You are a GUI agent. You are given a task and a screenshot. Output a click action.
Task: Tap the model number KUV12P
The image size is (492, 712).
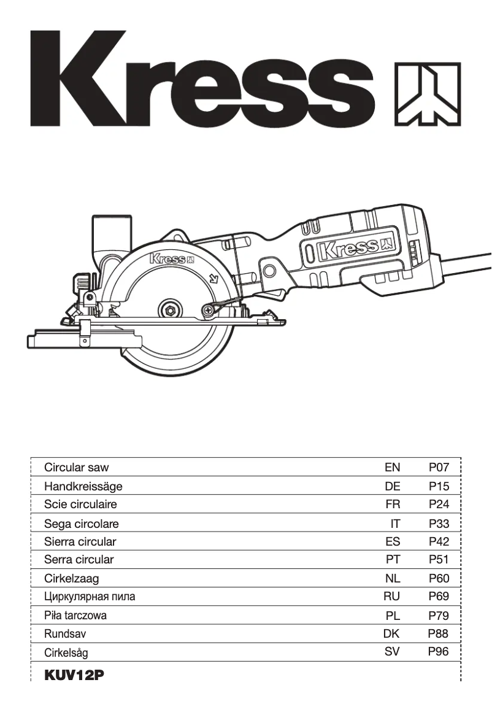click(x=74, y=675)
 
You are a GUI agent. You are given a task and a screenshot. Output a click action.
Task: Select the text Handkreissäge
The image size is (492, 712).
click(x=83, y=486)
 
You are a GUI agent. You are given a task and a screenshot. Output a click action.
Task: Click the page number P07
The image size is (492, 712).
click(x=439, y=467)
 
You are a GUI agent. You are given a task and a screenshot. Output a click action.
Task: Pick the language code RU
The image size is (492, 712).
click(x=391, y=596)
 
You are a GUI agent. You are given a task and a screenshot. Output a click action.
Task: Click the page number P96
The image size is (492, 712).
click(x=439, y=651)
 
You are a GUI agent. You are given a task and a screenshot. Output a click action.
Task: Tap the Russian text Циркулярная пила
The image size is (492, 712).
click(x=90, y=596)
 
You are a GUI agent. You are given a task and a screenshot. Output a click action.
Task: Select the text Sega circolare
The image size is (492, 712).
click(x=81, y=524)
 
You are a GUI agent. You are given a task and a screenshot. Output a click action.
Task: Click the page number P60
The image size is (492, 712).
click(x=439, y=578)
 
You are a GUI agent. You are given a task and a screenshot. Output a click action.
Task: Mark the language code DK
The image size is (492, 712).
click(x=391, y=633)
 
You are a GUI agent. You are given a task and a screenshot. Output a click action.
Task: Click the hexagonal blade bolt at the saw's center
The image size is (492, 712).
click(x=169, y=308)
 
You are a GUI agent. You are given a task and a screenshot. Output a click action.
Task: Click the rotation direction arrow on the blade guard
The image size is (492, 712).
click(x=213, y=277)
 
